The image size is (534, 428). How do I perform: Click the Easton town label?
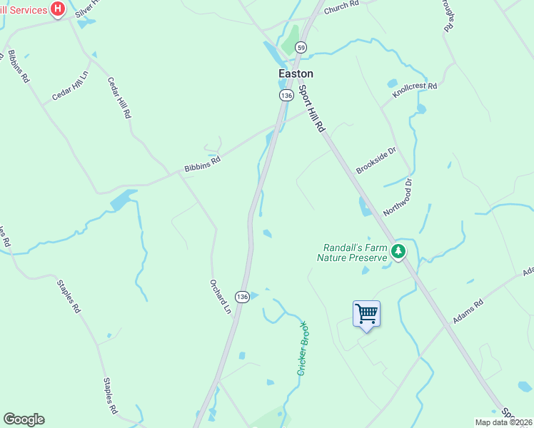tap(296, 73)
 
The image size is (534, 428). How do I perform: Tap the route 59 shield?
tap(302, 48)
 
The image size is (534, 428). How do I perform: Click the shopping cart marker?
tap(366, 314)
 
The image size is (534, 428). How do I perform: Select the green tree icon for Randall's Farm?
tap(398, 250)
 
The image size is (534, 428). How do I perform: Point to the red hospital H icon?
tap(59, 10)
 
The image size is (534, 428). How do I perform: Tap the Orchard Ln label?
tap(221, 296)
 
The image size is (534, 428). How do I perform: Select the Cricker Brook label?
tap(303, 349)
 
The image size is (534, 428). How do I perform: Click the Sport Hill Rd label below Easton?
tap(311, 109)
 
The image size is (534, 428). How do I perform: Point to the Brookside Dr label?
tap(376, 160)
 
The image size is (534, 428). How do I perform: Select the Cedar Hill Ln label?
tap(70, 86)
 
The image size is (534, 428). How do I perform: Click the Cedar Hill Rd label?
tap(119, 98)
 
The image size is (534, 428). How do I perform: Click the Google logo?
tap(24, 419)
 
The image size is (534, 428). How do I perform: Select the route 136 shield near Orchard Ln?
tap(243, 296)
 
